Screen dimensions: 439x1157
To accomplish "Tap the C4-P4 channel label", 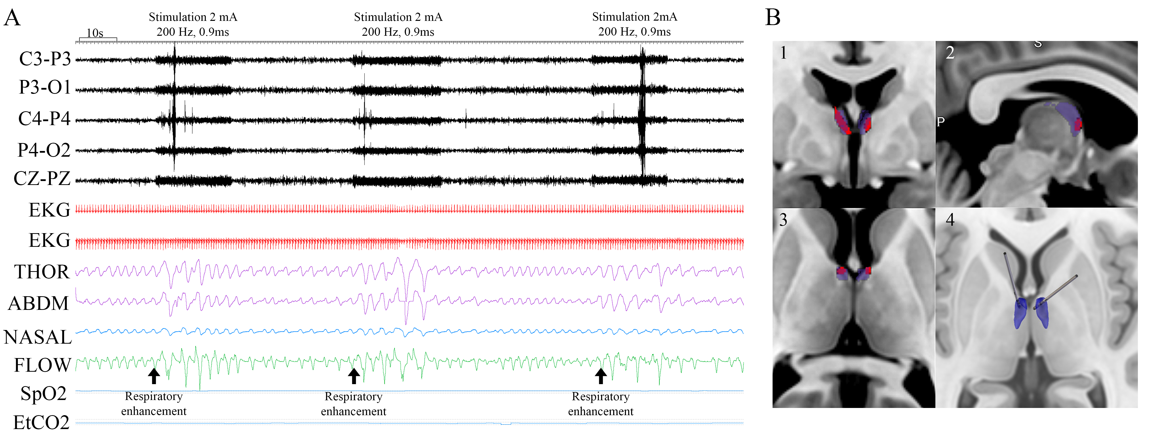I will (x=44, y=119).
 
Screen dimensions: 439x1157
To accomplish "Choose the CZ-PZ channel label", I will (x=42, y=178).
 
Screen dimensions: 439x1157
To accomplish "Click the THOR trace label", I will (x=42, y=272).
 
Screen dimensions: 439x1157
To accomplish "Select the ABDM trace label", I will (x=39, y=303).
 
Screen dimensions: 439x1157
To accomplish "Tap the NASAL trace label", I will (x=38, y=337).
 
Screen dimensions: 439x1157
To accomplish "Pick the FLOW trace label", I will (x=42, y=365).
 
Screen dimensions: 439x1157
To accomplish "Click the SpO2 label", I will (x=44, y=394).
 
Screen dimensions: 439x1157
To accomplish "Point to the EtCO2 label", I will (x=41, y=422).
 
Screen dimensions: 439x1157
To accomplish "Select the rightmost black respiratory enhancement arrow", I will (x=601, y=376).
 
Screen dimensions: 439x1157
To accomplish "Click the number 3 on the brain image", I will (x=783, y=220).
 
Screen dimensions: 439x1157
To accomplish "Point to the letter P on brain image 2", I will (x=941, y=121).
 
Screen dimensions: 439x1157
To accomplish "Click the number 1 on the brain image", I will (x=783, y=53).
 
